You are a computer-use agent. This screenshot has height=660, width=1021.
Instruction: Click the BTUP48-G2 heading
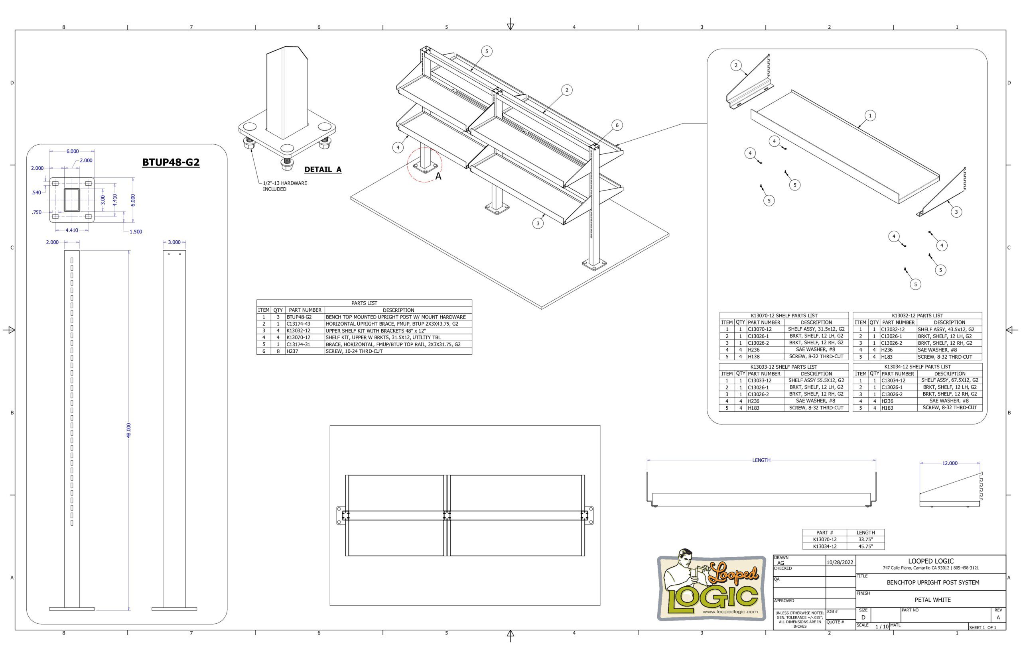pos(171,163)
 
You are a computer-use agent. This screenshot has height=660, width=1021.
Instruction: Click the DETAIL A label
pos(323,169)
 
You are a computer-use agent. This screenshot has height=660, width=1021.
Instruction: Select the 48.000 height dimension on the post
pos(129,430)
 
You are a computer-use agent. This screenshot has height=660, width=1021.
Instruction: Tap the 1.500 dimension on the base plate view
pos(136,232)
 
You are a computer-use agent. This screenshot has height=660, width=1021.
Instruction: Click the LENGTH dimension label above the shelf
pos(761,460)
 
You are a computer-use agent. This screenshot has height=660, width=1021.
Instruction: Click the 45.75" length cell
pos(865,546)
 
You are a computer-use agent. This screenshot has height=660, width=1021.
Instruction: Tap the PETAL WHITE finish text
pos(933,600)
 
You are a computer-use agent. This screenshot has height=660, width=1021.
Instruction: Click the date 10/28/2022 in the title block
pos(840,562)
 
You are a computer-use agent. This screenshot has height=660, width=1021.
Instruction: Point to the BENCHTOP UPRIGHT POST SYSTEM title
pos(933,582)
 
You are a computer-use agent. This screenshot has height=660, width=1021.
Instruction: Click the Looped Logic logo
pos(712,585)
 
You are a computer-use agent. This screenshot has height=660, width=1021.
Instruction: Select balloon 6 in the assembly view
pos(617,125)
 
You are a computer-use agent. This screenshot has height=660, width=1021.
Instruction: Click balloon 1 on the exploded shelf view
pos(870,115)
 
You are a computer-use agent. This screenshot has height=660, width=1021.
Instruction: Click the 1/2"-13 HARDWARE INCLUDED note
pos(285,186)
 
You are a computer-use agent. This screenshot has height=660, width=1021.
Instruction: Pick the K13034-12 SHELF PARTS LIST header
pos(917,367)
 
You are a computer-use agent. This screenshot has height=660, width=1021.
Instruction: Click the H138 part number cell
pos(754,357)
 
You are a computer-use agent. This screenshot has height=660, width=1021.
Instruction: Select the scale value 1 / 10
pos(882,627)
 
